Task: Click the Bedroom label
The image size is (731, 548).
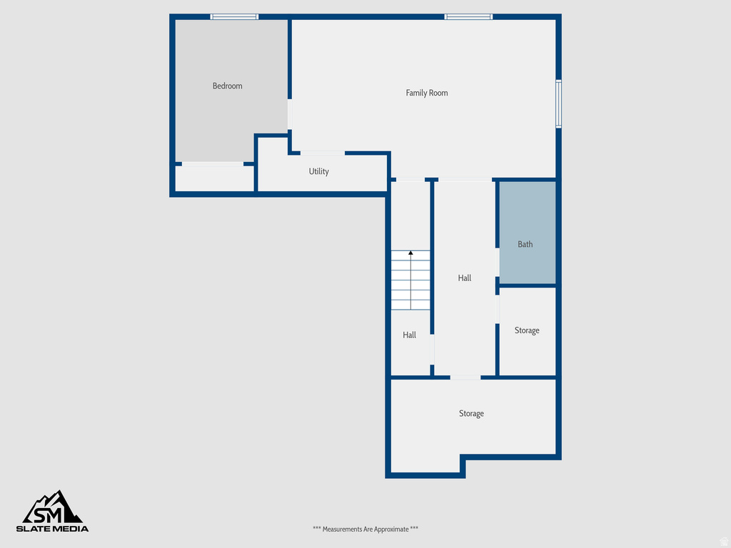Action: tap(227, 86)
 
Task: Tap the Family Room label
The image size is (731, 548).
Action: tap(427, 93)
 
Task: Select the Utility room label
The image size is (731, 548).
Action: tap(318, 172)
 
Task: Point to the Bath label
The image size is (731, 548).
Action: tap(525, 244)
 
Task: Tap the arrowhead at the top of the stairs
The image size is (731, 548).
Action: tap(410, 253)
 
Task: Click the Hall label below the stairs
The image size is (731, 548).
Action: tap(409, 335)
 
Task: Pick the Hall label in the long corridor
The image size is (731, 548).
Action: tap(465, 278)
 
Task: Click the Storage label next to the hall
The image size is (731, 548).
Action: tap(527, 330)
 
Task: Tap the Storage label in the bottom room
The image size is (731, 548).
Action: tap(471, 414)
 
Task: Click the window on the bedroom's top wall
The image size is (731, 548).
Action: tap(234, 16)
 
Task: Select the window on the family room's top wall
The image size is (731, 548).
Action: tap(468, 16)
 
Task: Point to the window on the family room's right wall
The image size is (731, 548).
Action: tap(558, 103)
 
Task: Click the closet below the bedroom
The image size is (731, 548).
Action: tap(214, 178)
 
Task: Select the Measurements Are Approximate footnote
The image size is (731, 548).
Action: tap(365, 529)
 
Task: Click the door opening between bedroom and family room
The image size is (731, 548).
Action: tap(289, 114)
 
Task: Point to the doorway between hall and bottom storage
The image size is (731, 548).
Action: tap(465, 377)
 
